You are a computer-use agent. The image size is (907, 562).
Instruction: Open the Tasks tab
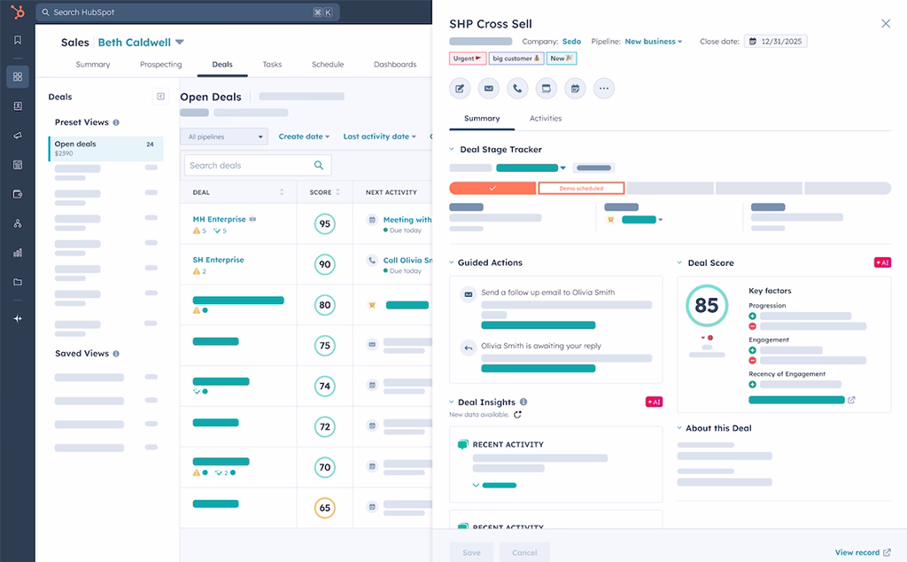click(x=272, y=65)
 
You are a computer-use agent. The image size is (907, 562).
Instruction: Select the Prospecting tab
click(x=160, y=65)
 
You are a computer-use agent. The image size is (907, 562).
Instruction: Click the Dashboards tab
click(x=394, y=65)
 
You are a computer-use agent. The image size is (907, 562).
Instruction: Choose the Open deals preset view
click(x=105, y=148)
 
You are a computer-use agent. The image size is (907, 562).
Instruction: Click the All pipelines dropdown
click(x=225, y=137)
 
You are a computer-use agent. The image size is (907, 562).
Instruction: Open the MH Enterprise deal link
click(x=219, y=220)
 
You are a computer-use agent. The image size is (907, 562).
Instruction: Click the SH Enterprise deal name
click(x=218, y=261)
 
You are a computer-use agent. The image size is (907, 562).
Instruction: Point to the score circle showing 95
click(x=324, y=224)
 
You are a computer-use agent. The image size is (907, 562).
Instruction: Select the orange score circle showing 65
click(x=324, y=509)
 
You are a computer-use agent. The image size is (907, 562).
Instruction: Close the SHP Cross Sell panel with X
click(x=885, y=24)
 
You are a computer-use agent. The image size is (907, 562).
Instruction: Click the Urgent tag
click(x=467, y=59)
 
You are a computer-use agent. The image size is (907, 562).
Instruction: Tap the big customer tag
click(x=516, y=59)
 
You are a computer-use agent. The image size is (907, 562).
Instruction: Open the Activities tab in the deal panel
click(x=546, y=119)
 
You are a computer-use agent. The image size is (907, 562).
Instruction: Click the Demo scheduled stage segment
click(x=581, y=189)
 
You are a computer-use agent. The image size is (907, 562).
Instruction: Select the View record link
click(x=862, y=552)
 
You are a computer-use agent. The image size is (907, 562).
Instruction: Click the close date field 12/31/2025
click(x=776, y=42)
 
